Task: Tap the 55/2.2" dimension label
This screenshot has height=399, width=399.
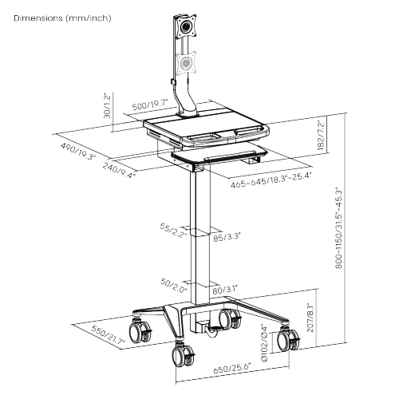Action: pyautogui.click(x=172, y=231)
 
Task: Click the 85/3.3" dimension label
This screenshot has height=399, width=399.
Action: pyautogui.click(x=227, y=236)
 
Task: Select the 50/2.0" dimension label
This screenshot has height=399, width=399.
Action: pyautogui.click(x=174, y=286)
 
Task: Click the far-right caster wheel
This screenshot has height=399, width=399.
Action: pyautogui.click(x=286, y=342)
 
